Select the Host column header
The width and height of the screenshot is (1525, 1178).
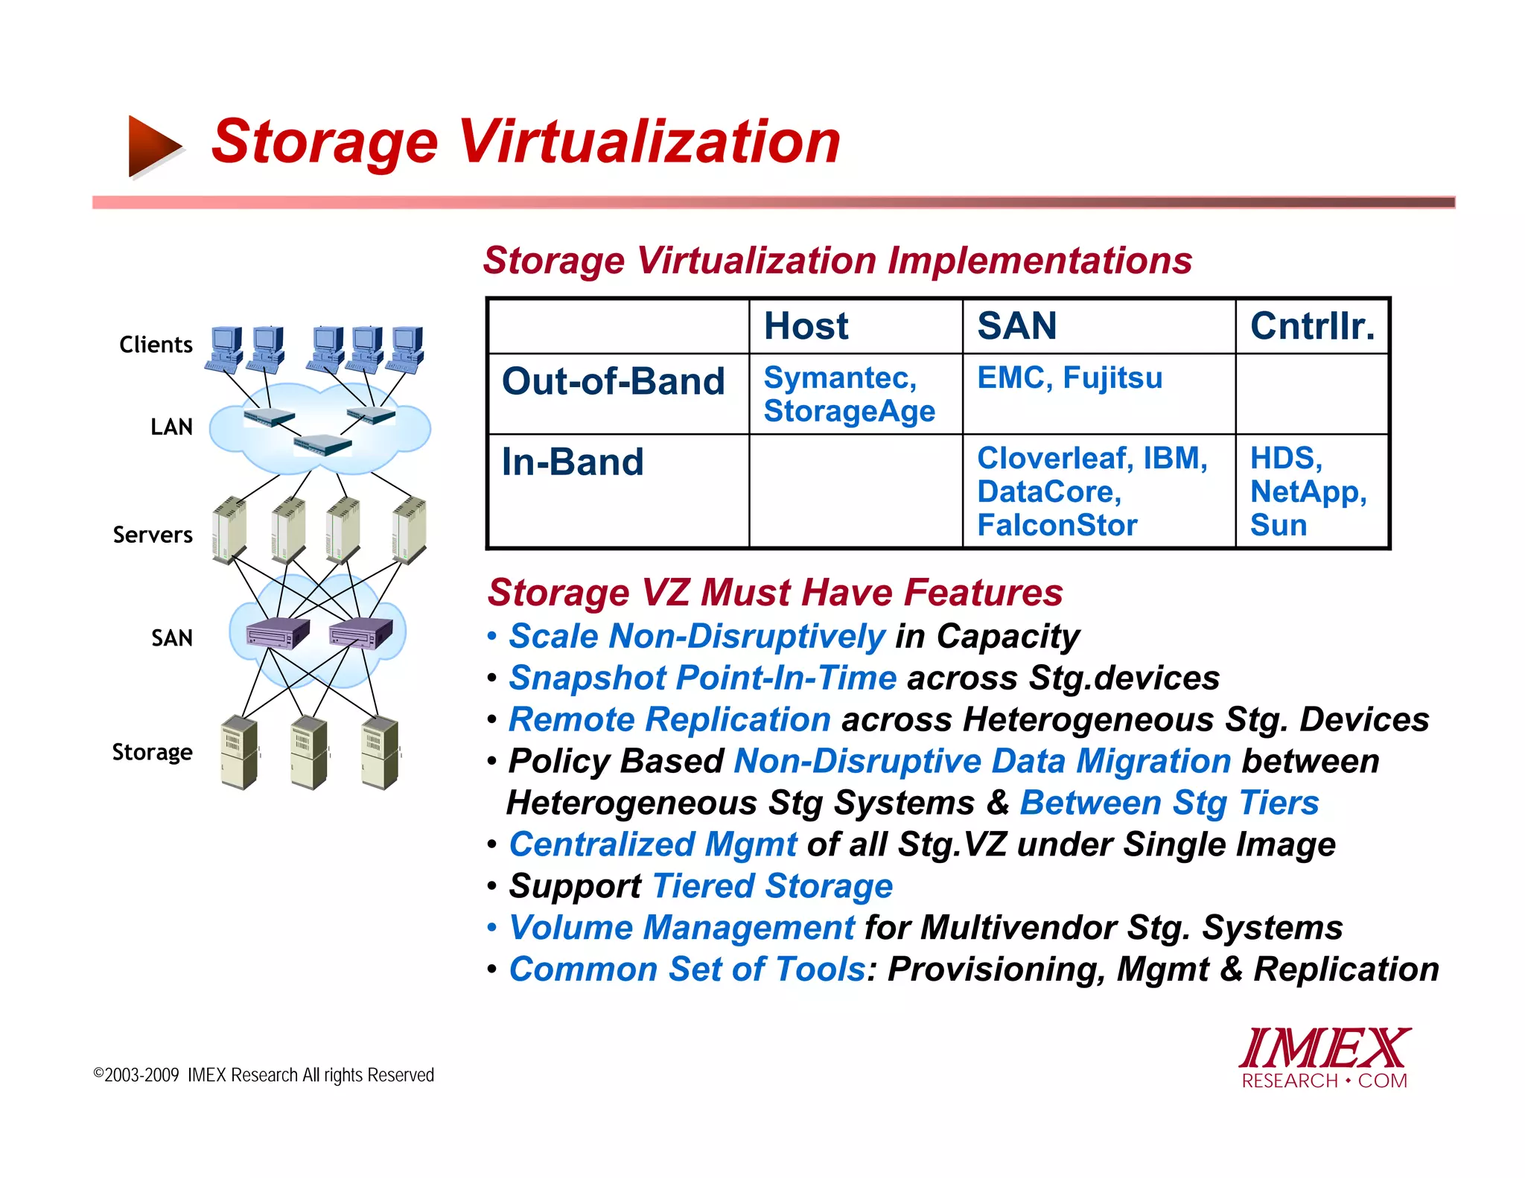point(806,326)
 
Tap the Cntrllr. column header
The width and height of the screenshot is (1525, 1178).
point(1311,326)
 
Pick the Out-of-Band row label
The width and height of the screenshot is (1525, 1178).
point(613,381)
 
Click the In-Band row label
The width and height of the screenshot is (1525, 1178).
point(572,462)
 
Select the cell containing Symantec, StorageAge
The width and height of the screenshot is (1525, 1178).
point(849,394)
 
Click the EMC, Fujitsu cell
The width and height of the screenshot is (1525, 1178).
point(1069,378)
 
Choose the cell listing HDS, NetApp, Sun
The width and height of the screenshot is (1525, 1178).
point(1308,491)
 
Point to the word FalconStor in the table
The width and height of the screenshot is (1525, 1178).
point(1057,526)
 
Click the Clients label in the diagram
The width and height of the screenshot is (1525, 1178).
point(156,345)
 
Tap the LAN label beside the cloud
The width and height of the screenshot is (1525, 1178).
point(171,427)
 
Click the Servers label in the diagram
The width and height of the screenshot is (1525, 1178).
point(153,535)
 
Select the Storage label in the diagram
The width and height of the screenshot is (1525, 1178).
point(152,752)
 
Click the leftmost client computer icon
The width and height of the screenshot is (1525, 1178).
point(226,348)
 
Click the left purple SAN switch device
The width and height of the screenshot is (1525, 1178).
point(278,633)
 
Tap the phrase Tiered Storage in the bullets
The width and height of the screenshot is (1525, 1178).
point(772,886)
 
